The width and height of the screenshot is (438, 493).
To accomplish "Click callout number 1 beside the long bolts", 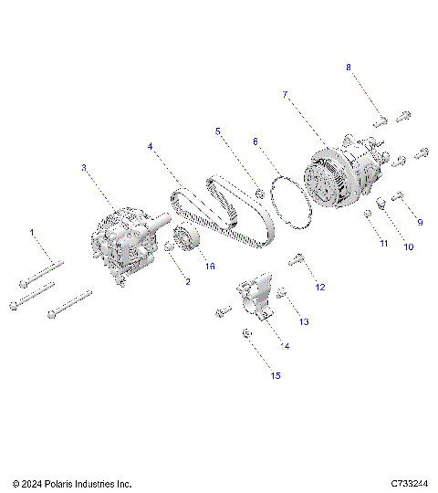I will (x=32, y=233).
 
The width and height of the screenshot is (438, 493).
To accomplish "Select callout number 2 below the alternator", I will (x=187, y=282).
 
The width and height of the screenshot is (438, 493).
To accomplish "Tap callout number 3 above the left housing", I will (x=83, y=168).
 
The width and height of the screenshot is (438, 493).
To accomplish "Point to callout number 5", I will (x=218, y=131).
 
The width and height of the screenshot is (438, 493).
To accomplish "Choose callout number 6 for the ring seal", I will (x=255, y=142).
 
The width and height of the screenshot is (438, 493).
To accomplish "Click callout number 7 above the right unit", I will (x=285, y=95).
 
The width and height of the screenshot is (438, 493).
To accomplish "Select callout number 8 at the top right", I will (x=348, y=68).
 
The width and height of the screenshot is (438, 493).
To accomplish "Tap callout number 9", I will (x=420, y=222).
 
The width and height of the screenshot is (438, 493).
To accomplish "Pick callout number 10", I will (x=409, y=246).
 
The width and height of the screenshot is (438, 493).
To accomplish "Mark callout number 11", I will (x=384, y=245).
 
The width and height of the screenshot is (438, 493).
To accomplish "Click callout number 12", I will (x=319, y=288).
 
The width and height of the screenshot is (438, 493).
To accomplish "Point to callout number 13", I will (x=304, y=322).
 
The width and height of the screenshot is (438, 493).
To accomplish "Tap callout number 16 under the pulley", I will (x=210, y=267).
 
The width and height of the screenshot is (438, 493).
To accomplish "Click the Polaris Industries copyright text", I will (x=72, y=483).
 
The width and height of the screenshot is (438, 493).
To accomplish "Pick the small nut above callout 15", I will (x=247, y=335).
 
